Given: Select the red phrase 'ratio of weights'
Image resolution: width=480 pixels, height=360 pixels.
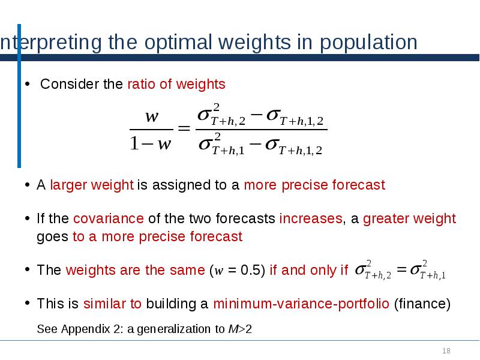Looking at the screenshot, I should (x=176, y=84).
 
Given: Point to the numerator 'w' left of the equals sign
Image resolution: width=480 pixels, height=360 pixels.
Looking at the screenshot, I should (x=152, y=116).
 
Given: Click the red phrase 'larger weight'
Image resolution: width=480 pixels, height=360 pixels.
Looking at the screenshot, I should (x=92, y=185).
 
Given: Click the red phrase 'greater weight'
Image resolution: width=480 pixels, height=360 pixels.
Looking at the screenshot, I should (x=409, y=218).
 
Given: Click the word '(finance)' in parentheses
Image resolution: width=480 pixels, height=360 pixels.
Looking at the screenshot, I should (x=422, y=304).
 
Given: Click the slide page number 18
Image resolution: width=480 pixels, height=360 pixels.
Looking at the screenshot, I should (x=446, y=351).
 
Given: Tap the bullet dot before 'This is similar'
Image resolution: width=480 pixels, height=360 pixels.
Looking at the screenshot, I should (x=28, y=304).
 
